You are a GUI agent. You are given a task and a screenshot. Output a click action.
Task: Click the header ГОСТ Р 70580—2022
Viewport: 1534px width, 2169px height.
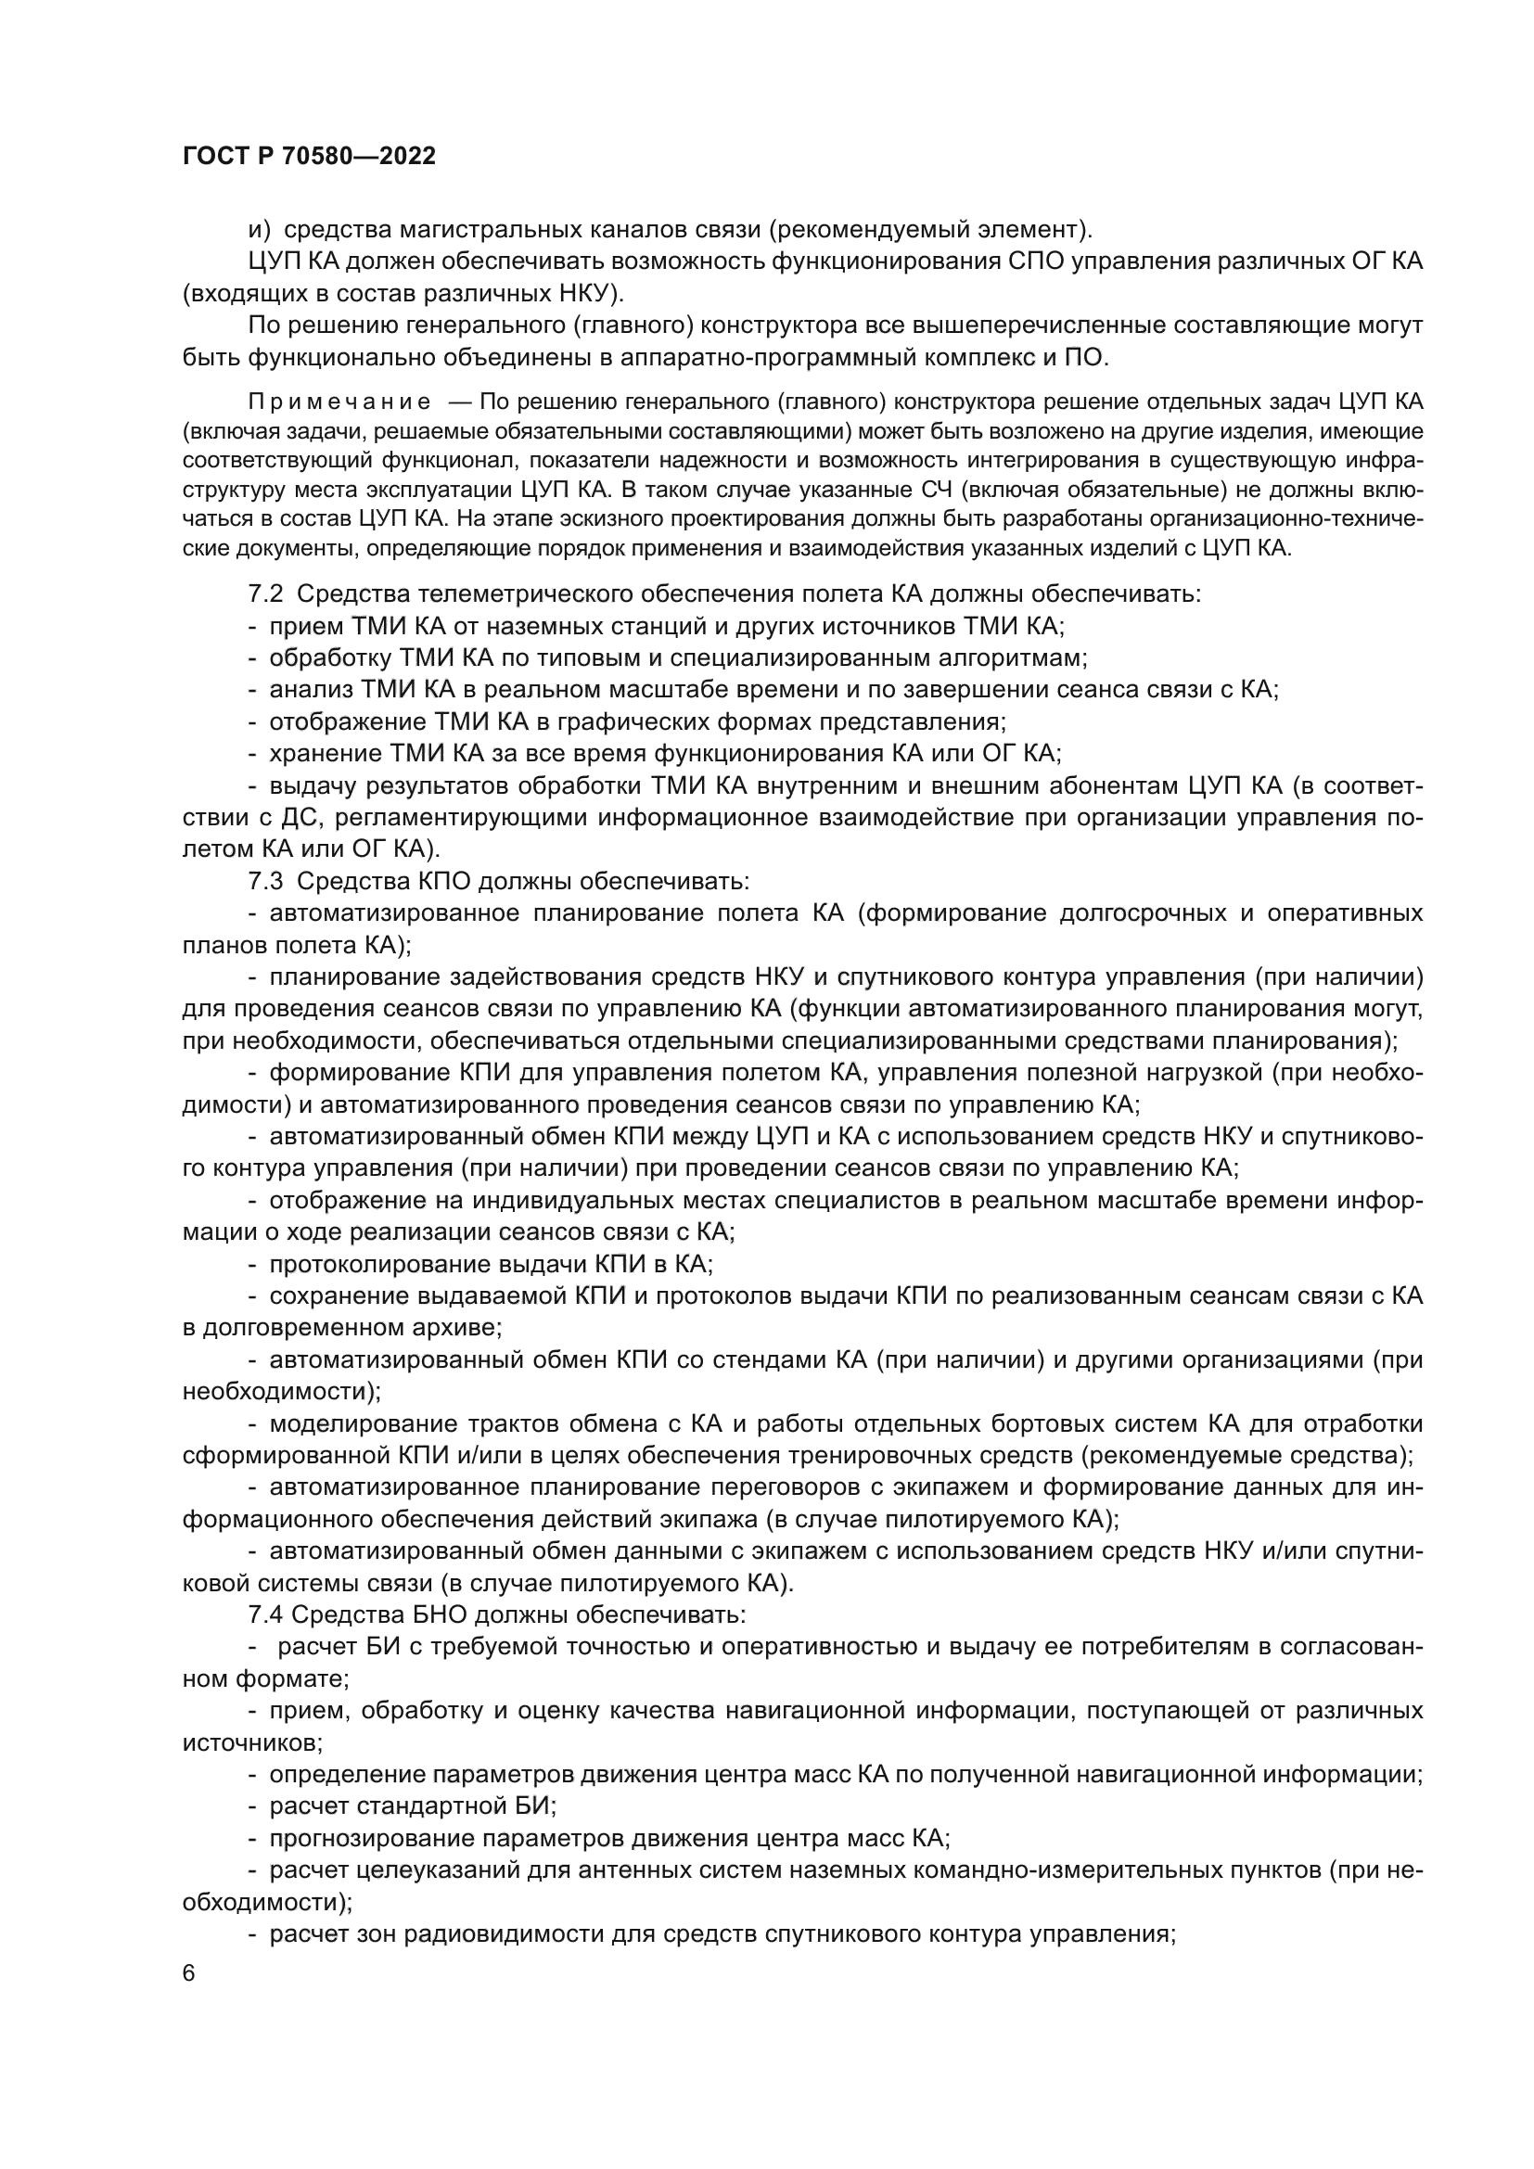(309, 157)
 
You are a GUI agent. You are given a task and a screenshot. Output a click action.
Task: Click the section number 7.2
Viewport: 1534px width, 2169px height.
(265, 594)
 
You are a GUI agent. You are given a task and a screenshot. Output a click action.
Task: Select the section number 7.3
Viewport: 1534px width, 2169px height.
(265, 880)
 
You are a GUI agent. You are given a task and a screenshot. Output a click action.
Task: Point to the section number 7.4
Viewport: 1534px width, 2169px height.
(265, 1614)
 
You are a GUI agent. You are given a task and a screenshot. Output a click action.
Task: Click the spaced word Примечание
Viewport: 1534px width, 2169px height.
(339, 402)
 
